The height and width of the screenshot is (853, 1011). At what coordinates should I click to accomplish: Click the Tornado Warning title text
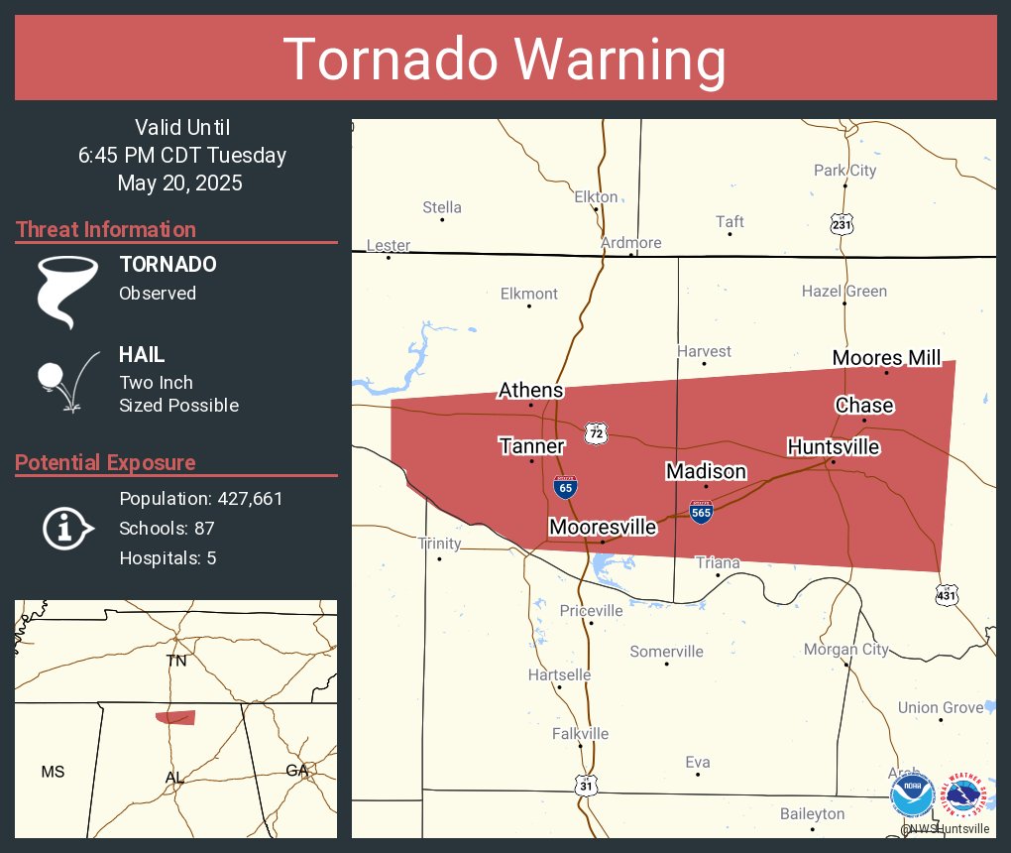coord(505,60)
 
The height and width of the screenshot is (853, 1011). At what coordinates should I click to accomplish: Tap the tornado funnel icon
coord(67,291)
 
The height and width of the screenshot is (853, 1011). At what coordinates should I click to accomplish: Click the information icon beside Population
coord(66,527)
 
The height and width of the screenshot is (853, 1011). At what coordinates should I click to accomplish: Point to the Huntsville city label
coord(833,447)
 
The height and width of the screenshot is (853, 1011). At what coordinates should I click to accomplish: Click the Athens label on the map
coord(530,390)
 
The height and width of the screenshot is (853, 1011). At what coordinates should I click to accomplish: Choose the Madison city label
coord(706,471)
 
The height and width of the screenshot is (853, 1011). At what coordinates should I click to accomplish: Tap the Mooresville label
coord(603,526)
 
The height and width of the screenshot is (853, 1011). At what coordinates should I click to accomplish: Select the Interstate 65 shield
coord(562,487)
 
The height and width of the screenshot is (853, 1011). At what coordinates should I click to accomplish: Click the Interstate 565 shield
coord(701,511)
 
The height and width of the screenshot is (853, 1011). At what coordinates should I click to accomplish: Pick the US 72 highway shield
coord(595,433)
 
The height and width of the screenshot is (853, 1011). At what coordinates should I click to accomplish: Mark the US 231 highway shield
coord(842,224)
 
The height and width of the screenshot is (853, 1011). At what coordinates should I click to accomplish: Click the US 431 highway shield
coord(947,594)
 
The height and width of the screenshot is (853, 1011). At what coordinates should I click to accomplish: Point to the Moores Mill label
coord(886,358)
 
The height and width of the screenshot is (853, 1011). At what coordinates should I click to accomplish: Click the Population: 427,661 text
coord(200,498)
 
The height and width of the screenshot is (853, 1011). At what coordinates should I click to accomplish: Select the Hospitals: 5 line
coord(168,557)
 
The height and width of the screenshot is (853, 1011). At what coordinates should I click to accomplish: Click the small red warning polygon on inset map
coord(175,717)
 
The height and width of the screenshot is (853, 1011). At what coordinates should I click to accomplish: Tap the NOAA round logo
coord(912,795)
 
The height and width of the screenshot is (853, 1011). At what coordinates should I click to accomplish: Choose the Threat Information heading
coord(105,229)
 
